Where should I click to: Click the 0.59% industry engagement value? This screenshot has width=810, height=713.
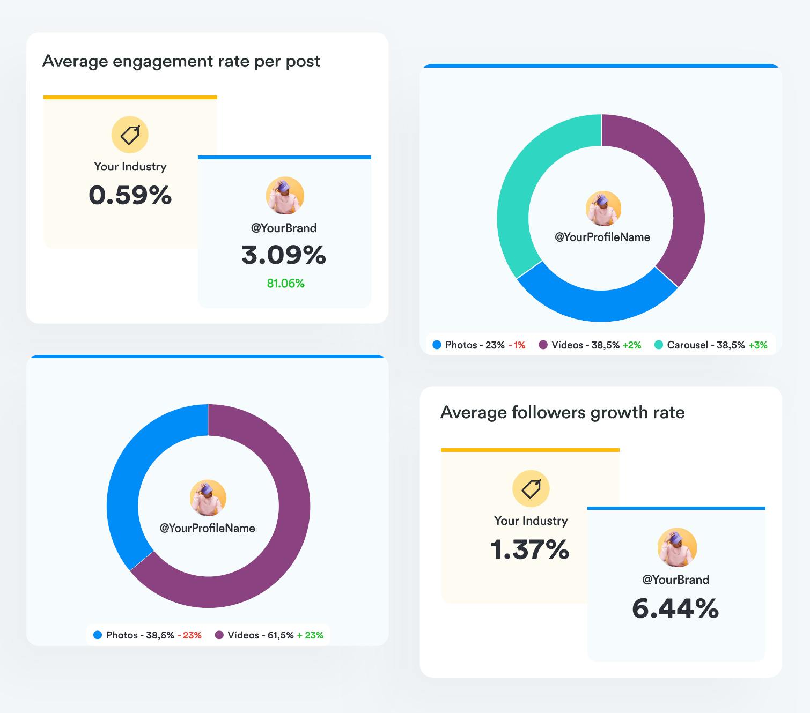click(130, 195)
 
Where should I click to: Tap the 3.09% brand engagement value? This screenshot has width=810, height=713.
click(284, 255)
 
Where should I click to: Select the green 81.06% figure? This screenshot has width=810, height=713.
click(285, 284)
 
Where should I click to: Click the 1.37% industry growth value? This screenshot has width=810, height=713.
click(530, 549)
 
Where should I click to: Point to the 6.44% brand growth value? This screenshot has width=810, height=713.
click(675, 608)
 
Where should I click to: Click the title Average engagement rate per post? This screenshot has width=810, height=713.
click(181, 62)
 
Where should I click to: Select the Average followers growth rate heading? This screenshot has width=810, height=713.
click(562, 412)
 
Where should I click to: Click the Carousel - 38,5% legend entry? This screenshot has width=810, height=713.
click(705, 345)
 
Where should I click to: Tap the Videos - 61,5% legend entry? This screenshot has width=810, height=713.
click(260, 635)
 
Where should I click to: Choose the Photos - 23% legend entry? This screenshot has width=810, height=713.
click(474, 345)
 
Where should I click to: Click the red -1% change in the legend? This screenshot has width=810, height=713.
click(517, 345)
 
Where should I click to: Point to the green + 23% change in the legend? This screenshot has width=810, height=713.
click(311, 635)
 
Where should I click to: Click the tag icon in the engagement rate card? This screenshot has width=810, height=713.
click(130, 135)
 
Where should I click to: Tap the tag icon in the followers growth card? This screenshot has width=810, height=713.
click(531, 488)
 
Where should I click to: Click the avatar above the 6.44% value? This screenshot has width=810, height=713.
click(677, 547)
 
